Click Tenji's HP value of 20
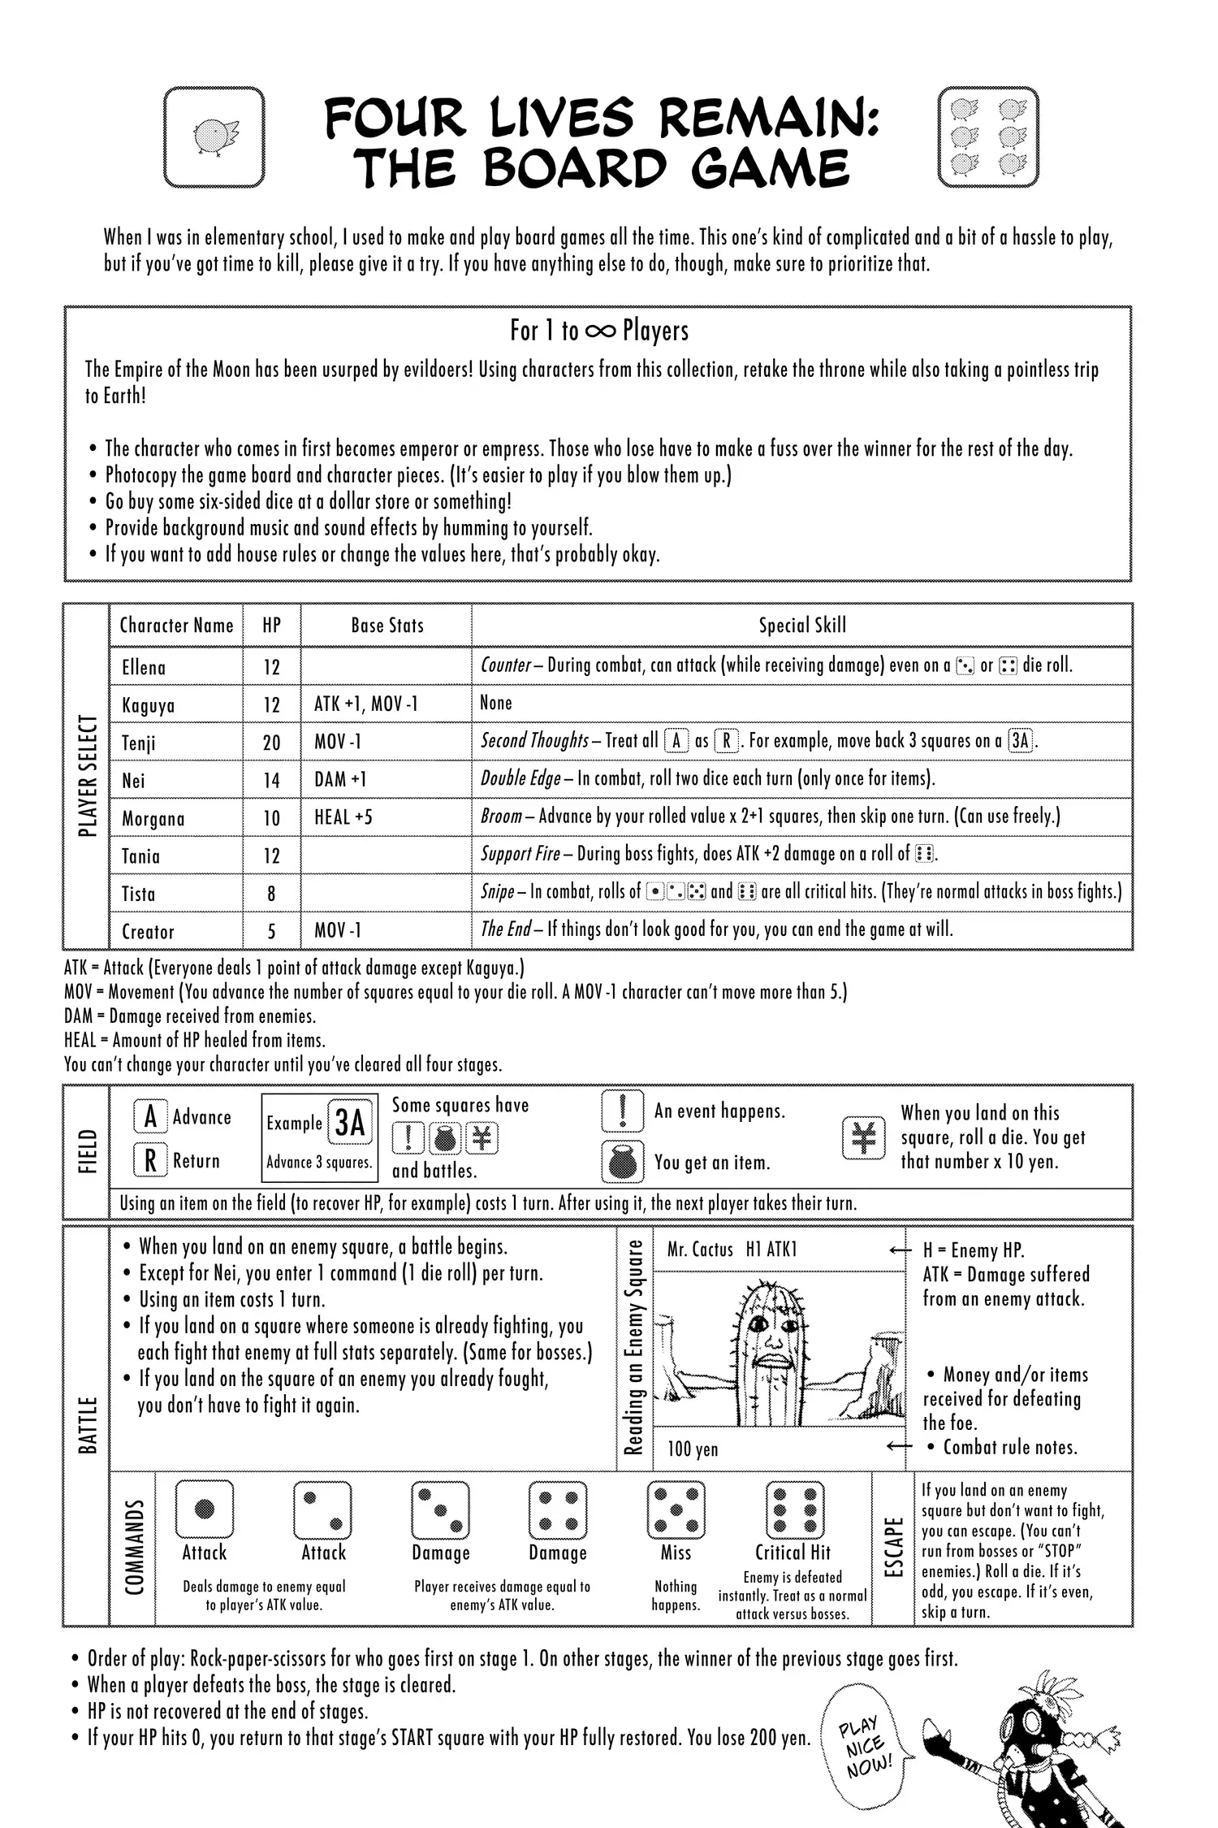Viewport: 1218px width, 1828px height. (x=271, y=743)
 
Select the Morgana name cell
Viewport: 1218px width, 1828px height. (x=153, y=818)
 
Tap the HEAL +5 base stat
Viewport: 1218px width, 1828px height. (x=343, y=817)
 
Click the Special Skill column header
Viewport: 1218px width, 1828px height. (x=802, y=625)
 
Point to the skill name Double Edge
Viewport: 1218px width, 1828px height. (x=520, y=778)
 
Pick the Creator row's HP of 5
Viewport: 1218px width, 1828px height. (x=271, y=931)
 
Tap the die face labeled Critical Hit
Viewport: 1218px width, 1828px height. (x=795, y=1510)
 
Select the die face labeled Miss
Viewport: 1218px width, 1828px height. (x=676, y=1510)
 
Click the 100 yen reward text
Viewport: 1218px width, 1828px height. (x=693, y=1449)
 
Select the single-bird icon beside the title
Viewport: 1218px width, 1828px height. (x=214, y=136)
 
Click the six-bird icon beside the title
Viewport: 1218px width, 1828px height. (x=987, y=136)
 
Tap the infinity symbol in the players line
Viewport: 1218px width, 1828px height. (x=600, y=331)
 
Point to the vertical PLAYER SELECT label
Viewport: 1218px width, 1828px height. (x=88, y=776)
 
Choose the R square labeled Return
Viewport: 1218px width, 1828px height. (x=150, y=1160)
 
